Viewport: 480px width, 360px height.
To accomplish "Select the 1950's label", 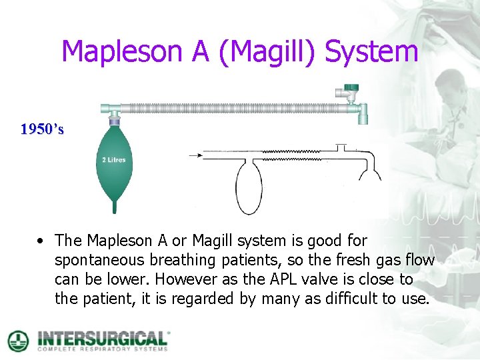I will tap(42, 129).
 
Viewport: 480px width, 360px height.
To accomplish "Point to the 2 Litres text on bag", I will tap(113, 159).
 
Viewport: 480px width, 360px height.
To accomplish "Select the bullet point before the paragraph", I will tap(41, 240).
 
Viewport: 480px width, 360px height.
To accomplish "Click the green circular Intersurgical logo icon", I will tap(18, 340).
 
